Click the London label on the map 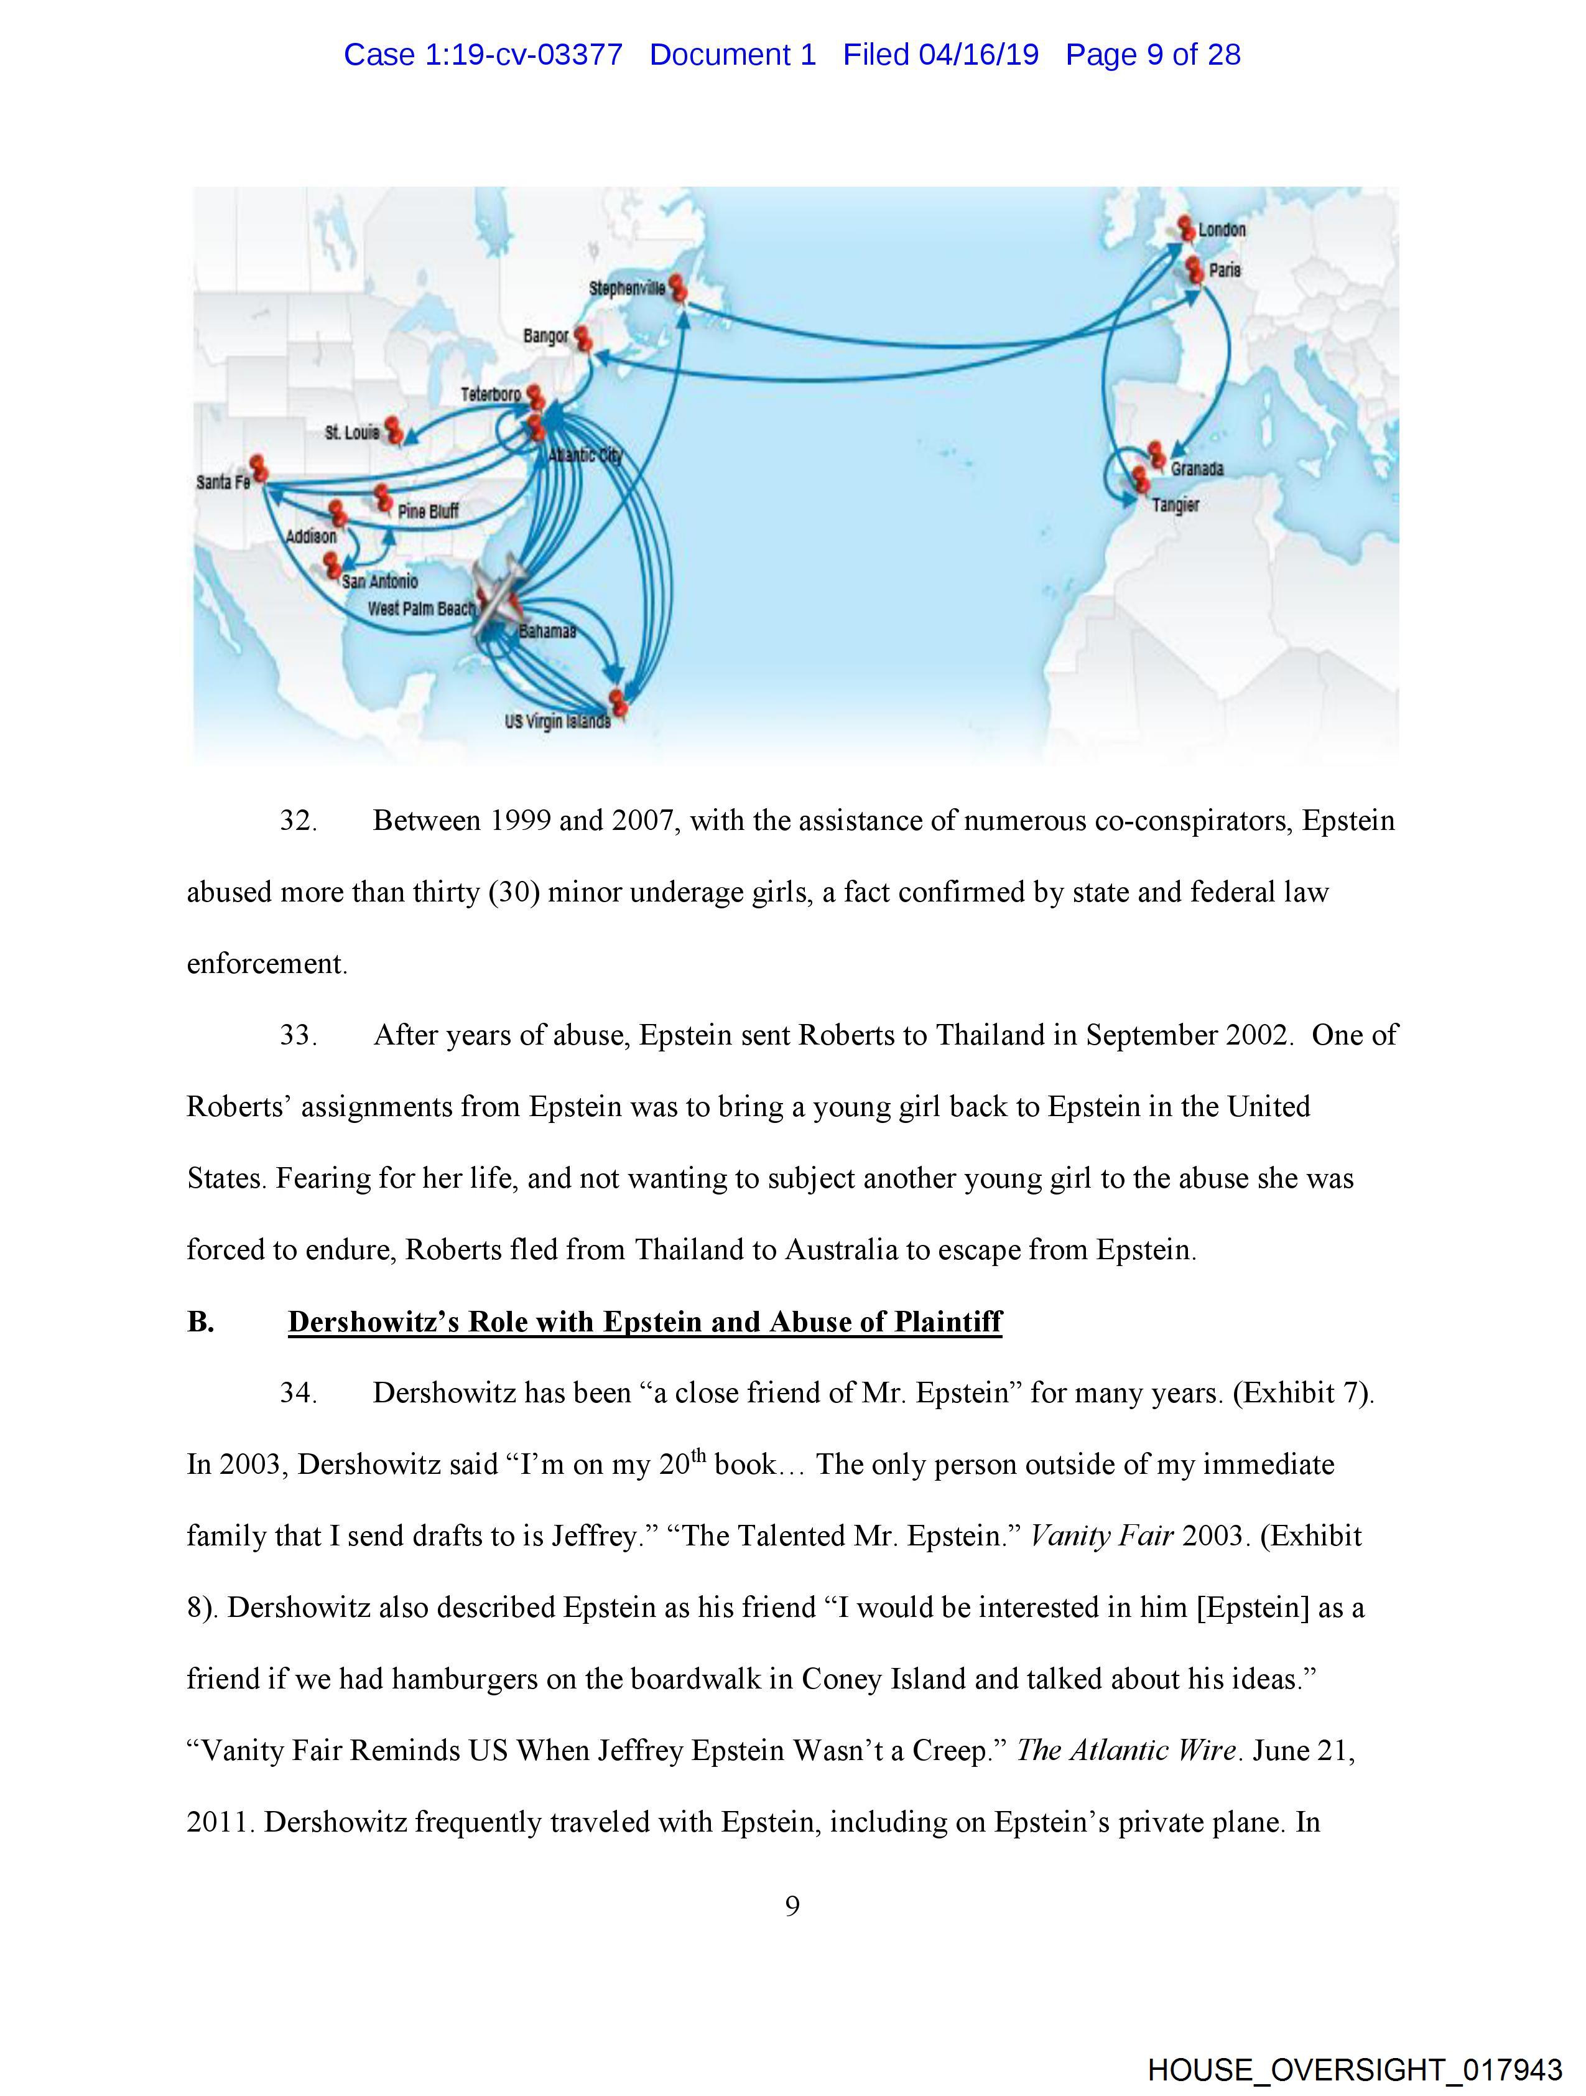pyautogui.click(x=1222, y=230)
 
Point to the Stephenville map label pyautogui.click(x=626, y=288)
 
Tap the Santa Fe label pyautogui.click(x=223, y=482)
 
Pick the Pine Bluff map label pyautogui.click(x=429, y=511)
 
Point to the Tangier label pyautogui.click(x=1175, y=505)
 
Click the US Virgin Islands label pyautogui.click(x=557, y=721)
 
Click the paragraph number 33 pyautogui.click(x=297, y=1035)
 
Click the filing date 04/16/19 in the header pyautogui.click(x=979, y=55)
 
